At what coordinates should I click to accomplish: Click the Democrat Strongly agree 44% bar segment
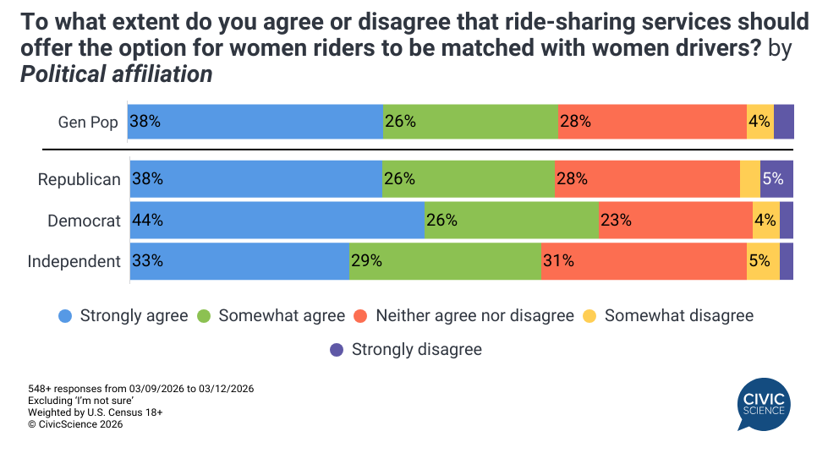(277, 221)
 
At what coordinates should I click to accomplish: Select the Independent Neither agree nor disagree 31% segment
(644, 261)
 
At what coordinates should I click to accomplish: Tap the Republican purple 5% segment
(776, 179)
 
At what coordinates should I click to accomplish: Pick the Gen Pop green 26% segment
(470, 122)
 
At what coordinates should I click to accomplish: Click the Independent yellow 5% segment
(763, 261)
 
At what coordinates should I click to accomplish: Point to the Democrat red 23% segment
(675, 221)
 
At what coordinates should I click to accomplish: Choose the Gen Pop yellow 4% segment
(759, 122)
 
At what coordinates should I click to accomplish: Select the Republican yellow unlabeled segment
(749, 179)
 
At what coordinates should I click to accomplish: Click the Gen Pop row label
(88, 122)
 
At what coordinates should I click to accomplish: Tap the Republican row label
(80, 180)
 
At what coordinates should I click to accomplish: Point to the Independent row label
(74, 261)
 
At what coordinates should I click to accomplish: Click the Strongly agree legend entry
(123, 316)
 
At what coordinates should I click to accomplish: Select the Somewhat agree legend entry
(271, 316)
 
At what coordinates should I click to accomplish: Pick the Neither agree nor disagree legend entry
(464, 316)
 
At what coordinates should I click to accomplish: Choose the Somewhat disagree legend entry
(668, 316)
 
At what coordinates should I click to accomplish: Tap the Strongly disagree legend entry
(406, 349)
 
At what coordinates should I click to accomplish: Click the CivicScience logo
(764, 403)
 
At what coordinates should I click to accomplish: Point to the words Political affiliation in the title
(116, 74)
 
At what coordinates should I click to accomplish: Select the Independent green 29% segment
(445, 261)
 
